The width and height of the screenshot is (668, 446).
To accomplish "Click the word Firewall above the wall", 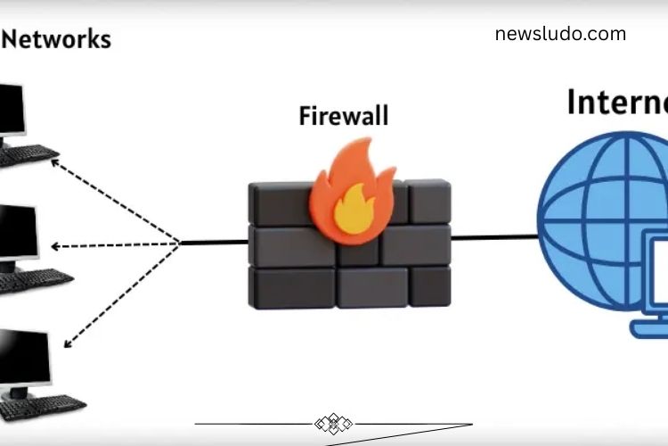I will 344,116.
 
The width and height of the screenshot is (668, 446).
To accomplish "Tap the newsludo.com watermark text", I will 560,35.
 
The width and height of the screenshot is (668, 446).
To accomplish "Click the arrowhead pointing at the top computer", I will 55,162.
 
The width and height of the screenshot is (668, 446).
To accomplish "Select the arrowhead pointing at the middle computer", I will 56,246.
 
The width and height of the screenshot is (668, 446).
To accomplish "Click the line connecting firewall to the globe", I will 494,237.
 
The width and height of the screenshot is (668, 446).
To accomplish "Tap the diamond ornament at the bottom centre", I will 334,424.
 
